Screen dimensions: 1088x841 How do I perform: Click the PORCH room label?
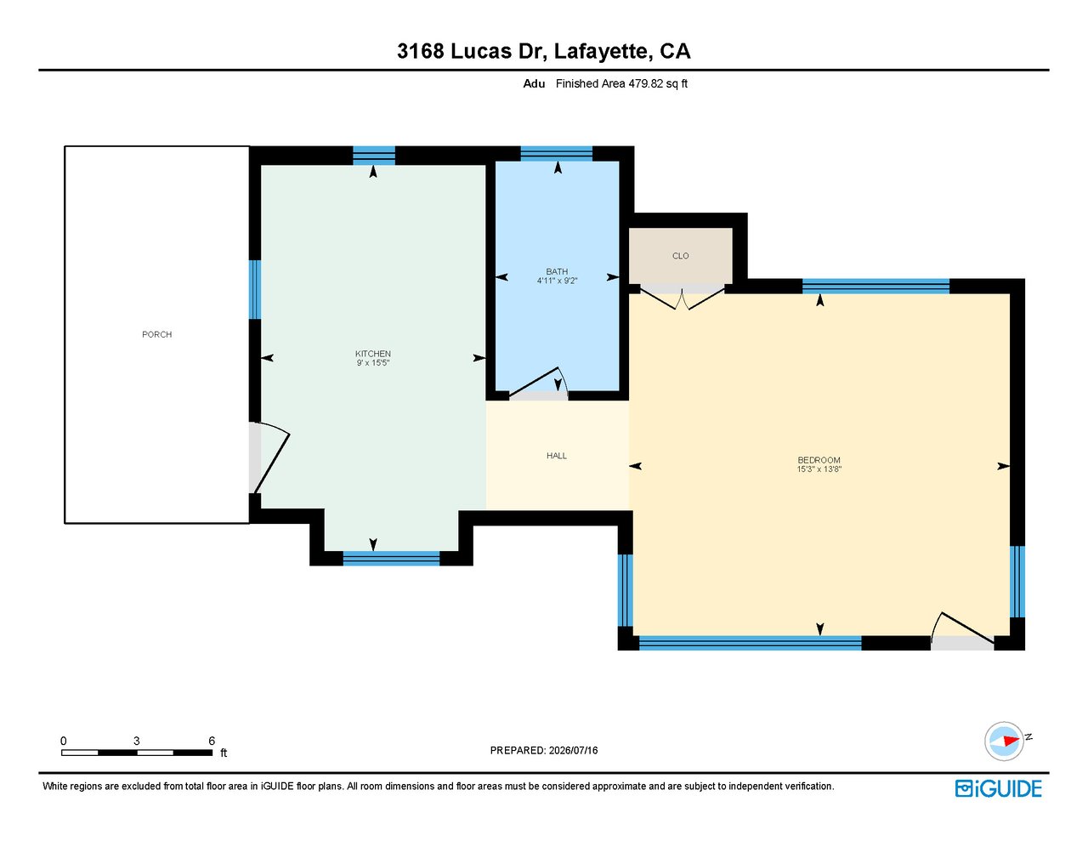click(x=156, y=334)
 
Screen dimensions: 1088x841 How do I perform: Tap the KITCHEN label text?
click(x=373, y=354)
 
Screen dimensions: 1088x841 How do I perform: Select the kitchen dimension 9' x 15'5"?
click(x=373, y=362)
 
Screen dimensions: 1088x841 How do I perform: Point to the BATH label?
click(x=557, y=271)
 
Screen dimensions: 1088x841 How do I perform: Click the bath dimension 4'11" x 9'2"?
click(x=557, y=281)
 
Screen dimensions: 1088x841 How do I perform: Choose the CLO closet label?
click(x=681, y=256)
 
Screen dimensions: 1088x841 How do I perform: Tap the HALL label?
click(x=557, y=456)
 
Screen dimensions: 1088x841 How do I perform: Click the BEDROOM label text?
click(x=819, y=460)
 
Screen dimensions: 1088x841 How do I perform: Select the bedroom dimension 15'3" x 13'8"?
click(x=819, y=469)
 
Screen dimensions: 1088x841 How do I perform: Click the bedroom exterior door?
click(x=962, y=631)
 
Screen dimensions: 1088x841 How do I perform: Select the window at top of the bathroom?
click(x=556, y=153)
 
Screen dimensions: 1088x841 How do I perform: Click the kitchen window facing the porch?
click(x=255, y=289)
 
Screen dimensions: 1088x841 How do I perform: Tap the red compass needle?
click(x=1011, y=741)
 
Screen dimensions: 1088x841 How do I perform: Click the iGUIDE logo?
click(x=999, y=788)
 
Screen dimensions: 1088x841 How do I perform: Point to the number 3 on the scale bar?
click(x=136, y=741)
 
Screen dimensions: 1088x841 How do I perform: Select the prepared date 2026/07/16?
click(x=573, y=750)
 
